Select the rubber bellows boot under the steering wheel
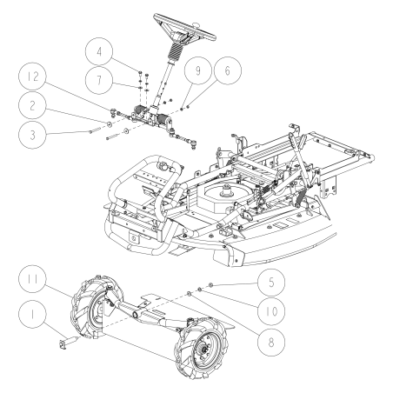pyautogui.click(x=175, y=65)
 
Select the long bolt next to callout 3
pyautogui.click(x=97, y=132)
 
